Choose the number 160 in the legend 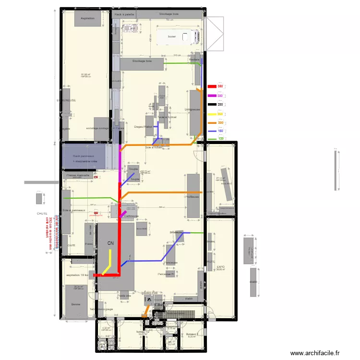coord(220,131)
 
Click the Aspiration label coord(87,18)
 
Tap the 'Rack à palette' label coord(124,15)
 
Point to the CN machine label coord(111,243)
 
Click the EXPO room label coord(221,266)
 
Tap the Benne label coord(76,304)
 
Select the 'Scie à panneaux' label coord(74,210)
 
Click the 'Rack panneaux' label coord(83,156)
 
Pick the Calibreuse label coord(131,216)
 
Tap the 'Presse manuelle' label coord(78,176)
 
